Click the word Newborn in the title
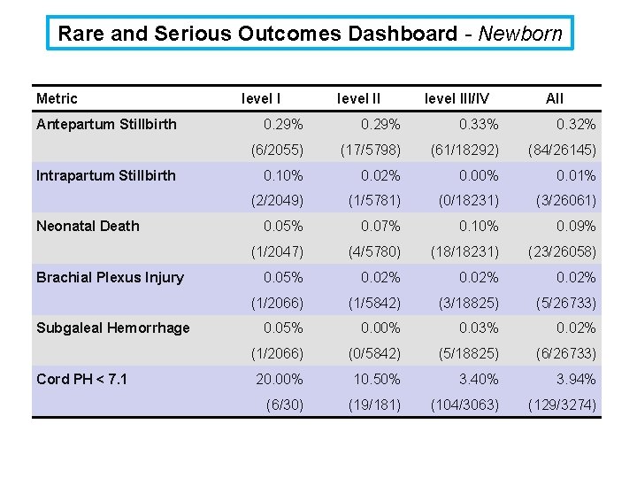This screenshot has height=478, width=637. [x=520, y=34]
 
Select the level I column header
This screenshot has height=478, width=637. [x=260, y=98]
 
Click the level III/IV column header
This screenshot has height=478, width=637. [x=457, y=98]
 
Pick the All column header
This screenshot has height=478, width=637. [x=554, y=98]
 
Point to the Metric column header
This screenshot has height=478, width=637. [x=57, y=98]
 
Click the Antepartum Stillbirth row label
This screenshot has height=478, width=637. [x=106, y=124]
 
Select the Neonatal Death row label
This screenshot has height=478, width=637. [x=88, y=226]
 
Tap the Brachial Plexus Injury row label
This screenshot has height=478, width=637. [x=110, y=278]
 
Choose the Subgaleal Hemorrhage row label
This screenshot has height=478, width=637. [x=113, y=328]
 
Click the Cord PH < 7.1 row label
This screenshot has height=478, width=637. [x=81, y=379]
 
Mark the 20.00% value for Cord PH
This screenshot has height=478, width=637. [x=280, y=379]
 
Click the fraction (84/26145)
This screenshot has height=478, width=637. [x=563, y=150]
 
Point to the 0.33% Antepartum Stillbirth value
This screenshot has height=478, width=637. [x=479, y=124]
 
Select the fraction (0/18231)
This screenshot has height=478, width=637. [x=468, y=201]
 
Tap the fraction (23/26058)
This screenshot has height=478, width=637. [x=563, y=252]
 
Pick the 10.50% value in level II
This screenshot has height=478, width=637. [x=377, y=379]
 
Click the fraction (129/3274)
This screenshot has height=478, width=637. [x=563, y=405]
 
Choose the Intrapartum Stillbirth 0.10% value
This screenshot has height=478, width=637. [x=283, y=175]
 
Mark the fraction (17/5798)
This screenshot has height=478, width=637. [x=371, y=150]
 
